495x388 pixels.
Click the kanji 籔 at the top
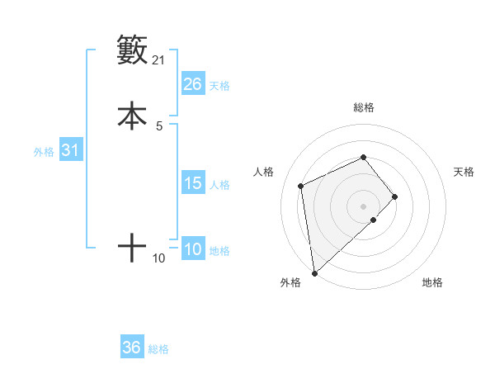coord(132,50)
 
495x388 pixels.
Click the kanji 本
coord(132,116)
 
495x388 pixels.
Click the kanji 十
coord(132,248)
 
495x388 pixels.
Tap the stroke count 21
coord(158,60)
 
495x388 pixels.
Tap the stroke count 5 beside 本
coord(159,126)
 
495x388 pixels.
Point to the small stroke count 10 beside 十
coord(158,258)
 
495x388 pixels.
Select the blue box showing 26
coord(192,84)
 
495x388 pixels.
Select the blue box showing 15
coord(192,183)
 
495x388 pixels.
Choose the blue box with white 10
coord(192,249)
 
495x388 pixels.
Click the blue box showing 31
coord(71,150)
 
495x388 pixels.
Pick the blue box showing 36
coord(132,348)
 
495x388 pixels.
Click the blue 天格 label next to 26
coord(219,86)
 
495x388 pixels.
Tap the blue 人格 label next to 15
coord(219,185)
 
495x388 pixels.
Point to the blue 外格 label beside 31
coord(44,152)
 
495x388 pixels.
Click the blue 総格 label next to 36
coord(158,349)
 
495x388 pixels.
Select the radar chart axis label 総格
coord(363,107)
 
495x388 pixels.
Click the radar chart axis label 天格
coord(464,172)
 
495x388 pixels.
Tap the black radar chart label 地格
coord(432,282)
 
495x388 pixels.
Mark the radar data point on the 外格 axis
coord(314,272)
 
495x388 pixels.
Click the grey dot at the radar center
coord(363,206)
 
